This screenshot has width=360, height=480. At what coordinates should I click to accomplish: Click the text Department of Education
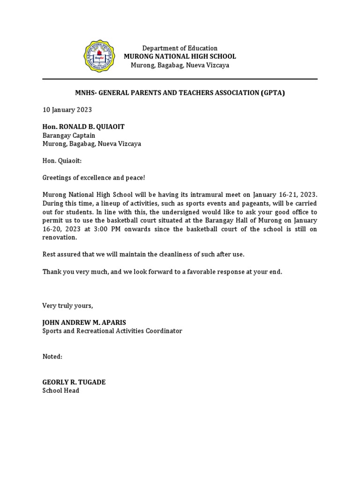[x=180, y=48]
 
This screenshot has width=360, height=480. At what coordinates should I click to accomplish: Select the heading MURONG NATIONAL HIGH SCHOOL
[x=180, y=57]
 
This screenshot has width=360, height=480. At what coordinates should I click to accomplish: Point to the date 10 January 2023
[x=67, y=110]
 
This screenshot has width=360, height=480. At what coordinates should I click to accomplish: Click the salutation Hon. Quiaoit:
[x=62, y=161]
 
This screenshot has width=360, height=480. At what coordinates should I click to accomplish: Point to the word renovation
[x=60, y=237]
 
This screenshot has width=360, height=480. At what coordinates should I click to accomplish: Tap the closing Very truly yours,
[x=68, y=306]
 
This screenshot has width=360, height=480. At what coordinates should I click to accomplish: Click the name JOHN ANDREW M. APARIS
[x=84, y=322]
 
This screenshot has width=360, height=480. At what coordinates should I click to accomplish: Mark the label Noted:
[x=52, y=357]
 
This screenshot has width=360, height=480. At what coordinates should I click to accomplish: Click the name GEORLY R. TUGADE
[x=74, y=382]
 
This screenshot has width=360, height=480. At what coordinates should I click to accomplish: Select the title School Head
[x=60, y=390]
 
